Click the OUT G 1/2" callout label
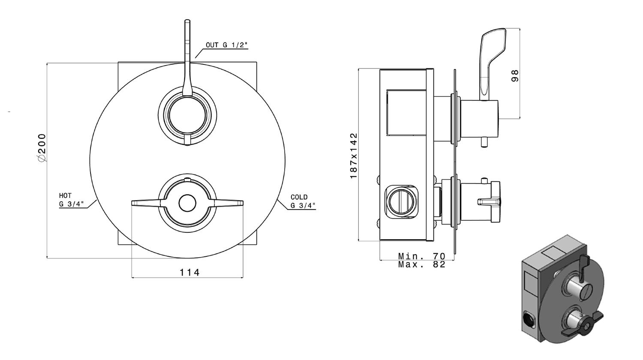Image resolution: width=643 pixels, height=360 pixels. (226, 45)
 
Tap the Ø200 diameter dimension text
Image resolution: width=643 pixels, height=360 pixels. (42, 148)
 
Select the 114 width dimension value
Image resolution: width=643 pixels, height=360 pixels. (189, 272)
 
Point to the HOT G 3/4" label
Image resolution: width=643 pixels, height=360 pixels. (71, 200)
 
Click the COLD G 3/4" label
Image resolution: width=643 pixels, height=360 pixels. (303, 201)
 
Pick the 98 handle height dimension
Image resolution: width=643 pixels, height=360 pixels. (515, 76)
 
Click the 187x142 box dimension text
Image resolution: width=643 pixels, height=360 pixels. (354, 156)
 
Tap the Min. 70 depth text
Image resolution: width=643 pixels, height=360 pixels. (421, 256)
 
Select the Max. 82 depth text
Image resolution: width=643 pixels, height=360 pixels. (421, 264)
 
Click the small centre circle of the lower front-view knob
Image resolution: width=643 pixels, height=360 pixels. (187, 203)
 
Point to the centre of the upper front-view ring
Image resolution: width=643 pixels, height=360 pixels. (187, 115)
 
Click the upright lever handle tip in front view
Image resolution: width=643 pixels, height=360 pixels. (187, 21)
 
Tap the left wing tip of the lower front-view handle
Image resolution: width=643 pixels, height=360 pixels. (132, 203)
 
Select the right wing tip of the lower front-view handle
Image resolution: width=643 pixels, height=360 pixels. (242, 203)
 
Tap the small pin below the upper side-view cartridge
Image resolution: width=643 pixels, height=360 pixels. (484, 143)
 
